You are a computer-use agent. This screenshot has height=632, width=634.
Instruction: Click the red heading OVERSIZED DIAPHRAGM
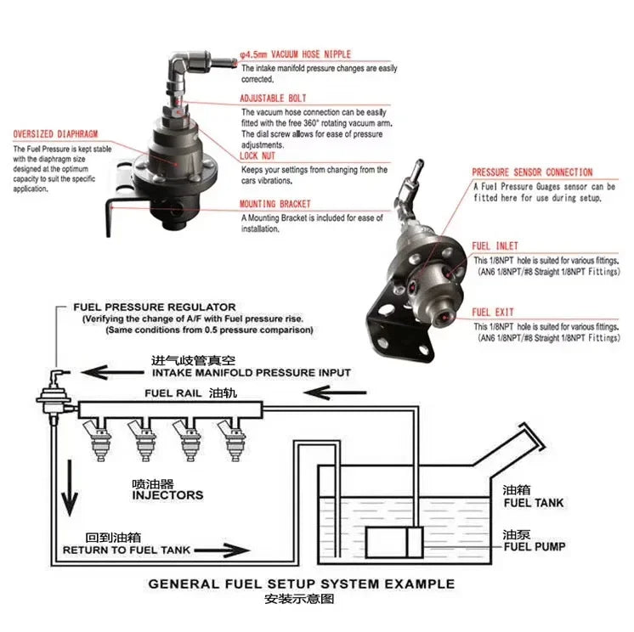(x=56, y=134)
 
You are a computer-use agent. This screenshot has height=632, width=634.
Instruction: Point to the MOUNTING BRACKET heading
(x=275, y=204)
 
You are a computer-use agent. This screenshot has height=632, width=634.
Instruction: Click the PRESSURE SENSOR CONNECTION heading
(x=532, y=172)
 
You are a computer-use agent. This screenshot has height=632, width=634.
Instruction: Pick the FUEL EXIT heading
(x=492, y=312)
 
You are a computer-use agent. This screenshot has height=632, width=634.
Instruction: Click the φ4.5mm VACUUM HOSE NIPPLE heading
(x=295, y=54)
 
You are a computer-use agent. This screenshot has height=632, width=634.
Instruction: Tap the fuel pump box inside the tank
(x=394, y=541)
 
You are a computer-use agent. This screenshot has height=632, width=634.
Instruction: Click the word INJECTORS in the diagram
(x=168, y=494)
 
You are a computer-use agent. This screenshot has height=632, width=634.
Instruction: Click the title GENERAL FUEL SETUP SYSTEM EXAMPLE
(x=301, y=584)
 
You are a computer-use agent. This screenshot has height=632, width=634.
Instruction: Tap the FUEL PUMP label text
(x=533, y=546)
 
